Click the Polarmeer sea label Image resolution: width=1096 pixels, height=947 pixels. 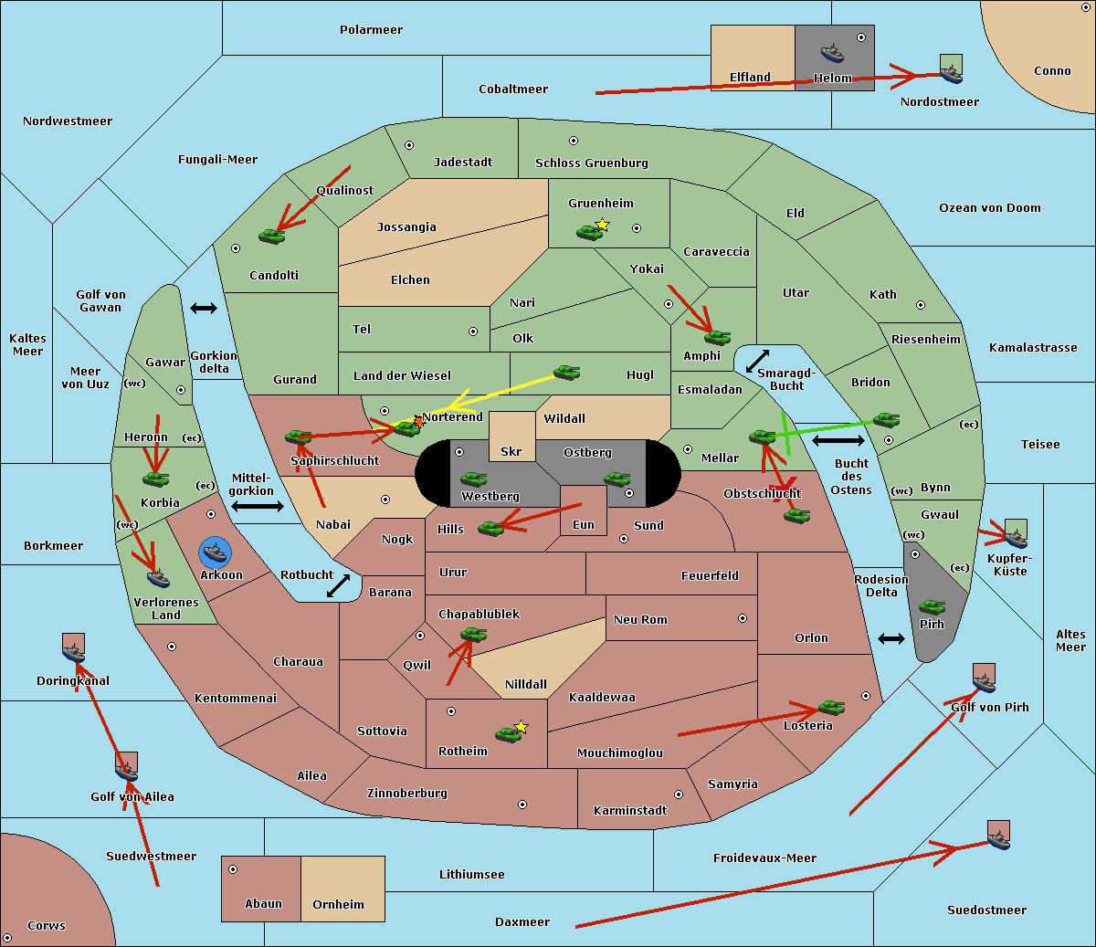point(371,30)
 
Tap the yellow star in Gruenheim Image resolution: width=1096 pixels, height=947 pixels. point(602,225)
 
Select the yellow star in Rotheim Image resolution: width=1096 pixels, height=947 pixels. point(521,727)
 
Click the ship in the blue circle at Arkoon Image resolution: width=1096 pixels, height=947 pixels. point(215,552)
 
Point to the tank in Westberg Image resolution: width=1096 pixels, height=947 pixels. point(473,479)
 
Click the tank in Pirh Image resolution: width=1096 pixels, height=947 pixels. point(932,606)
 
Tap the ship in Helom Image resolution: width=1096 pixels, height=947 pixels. point(832,52)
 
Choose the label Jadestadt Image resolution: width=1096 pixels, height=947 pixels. point(462,163)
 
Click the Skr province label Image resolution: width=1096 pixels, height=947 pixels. point(511,452)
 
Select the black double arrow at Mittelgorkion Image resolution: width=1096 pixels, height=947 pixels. point(257,506)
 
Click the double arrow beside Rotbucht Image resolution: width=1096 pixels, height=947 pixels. point(338,585)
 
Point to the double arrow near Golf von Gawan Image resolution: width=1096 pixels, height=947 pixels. point(203,309)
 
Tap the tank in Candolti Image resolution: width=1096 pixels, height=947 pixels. point(271,236)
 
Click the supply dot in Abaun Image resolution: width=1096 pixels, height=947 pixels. point(233,869)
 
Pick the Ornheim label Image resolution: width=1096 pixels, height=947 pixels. point(338,905)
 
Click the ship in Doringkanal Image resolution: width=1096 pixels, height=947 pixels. point(73,650)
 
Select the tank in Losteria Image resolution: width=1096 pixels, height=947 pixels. point(831,707)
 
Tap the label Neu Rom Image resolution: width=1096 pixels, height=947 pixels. point(640,620)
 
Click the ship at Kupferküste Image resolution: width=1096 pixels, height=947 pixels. point(1015,535)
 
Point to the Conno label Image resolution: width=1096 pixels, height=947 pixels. point(1052,71)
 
